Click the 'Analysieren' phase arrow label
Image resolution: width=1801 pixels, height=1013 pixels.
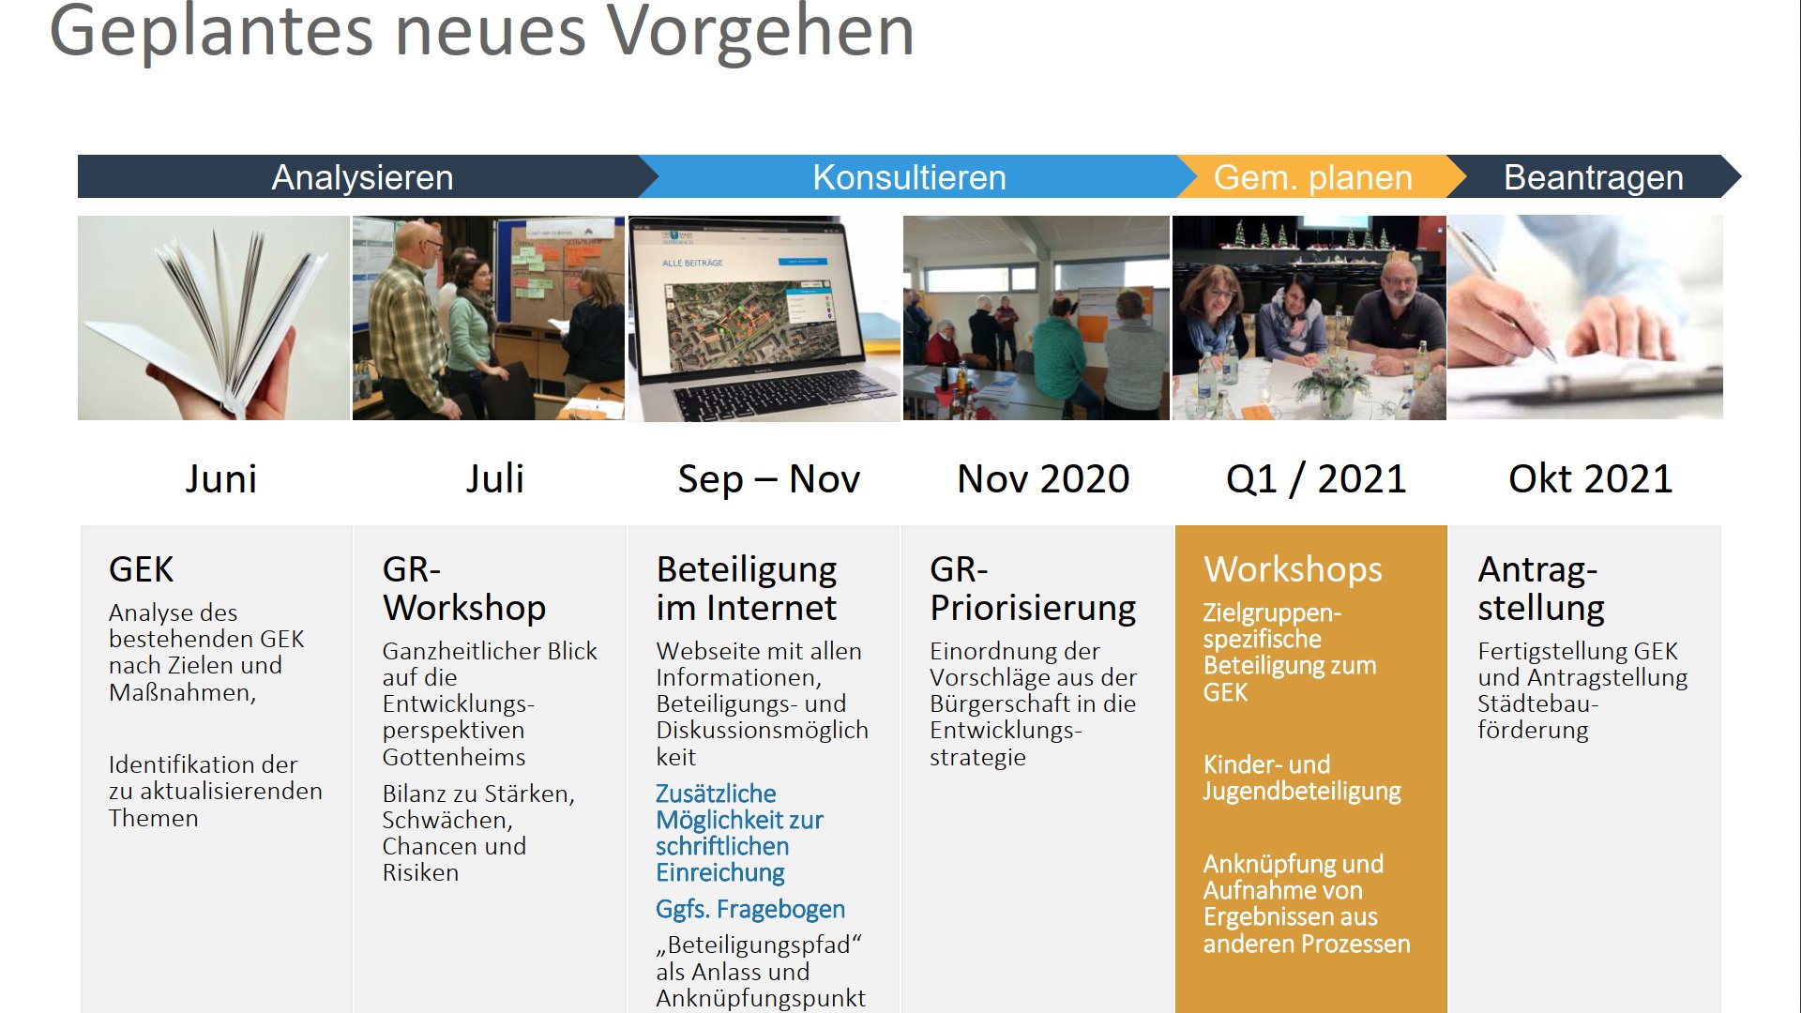[x=362, y=177]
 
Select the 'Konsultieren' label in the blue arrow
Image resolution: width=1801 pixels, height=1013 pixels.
[x=909, y=177]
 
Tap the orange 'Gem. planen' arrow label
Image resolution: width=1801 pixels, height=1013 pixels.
[x=1312, y=177]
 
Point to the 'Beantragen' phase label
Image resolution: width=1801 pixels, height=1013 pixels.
[x=1594, y=177]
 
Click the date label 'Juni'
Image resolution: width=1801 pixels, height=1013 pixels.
[x=220, y=479]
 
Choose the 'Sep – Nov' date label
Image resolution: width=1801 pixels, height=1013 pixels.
[x=768, y=479]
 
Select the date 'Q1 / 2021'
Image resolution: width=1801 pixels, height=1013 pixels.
[x=1316, y=479]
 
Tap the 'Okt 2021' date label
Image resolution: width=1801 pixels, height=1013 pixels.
[x=1590, y=479]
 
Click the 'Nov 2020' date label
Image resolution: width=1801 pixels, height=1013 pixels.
[x=1043, y=479]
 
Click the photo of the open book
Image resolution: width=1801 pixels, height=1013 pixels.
[x=214, y=318]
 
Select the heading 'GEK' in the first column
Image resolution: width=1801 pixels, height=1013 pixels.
[x=141, y=570]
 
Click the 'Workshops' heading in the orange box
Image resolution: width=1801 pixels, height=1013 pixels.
[x=1293, y=570]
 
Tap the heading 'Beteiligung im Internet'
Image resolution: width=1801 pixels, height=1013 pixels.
[x=747, y=589]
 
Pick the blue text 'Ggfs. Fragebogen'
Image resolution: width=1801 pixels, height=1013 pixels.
[x=750, y=909]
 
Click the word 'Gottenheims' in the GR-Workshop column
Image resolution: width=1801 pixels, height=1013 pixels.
[x=453, y=757]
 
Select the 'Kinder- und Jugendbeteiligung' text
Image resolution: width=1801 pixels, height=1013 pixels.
[x=1302, y=778]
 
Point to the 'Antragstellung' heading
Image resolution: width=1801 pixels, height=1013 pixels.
[x=1541, y=589]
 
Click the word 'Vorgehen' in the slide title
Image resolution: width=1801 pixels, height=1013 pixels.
[x=761, y=34]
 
